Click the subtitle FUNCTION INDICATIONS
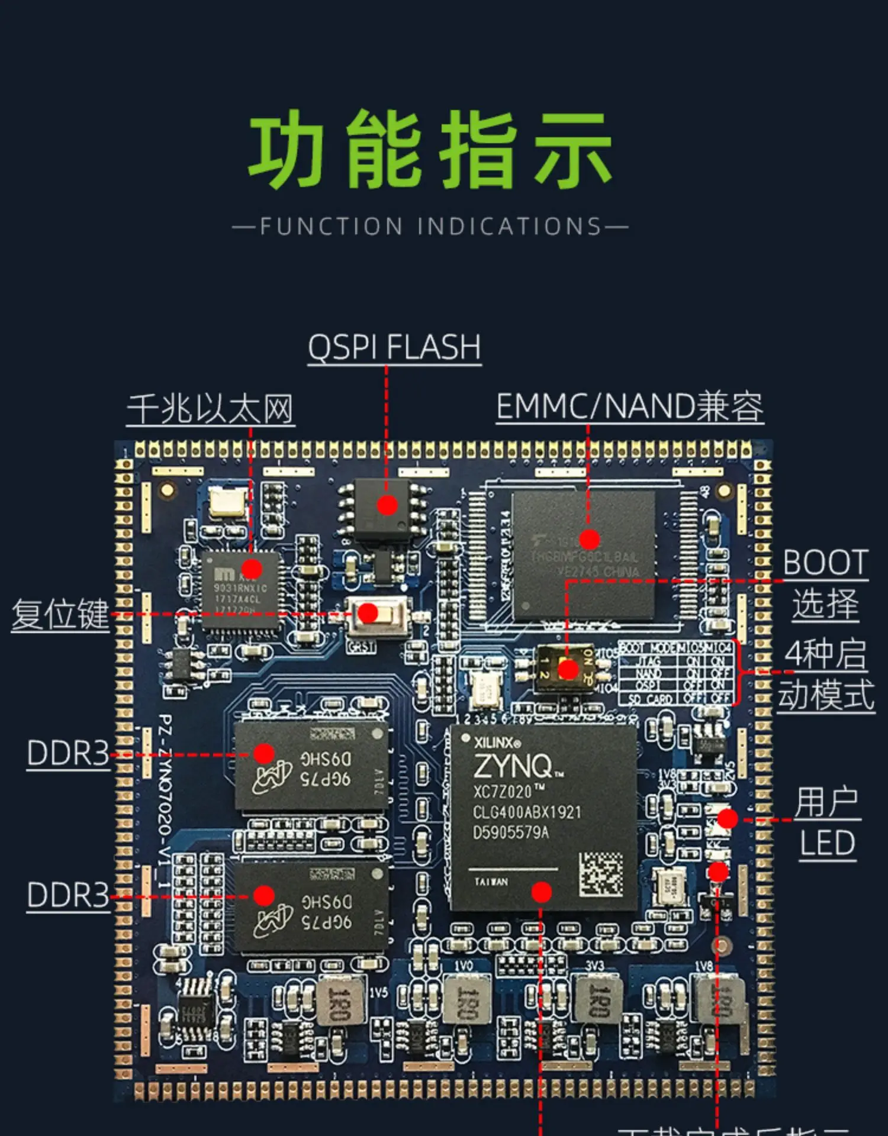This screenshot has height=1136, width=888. pos(430,227)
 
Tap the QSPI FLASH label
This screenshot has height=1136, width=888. pos(394,347)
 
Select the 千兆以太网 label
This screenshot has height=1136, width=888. pos(211,409)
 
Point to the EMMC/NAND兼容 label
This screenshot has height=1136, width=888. pos(630,407)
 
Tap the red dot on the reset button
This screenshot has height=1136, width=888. pos(368,614)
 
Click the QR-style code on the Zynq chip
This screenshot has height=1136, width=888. pos(600,873)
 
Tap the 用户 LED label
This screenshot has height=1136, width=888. pos(827,822)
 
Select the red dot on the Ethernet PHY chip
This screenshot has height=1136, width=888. pos(252,569)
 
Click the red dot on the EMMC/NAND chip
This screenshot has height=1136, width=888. pos(589,539)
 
